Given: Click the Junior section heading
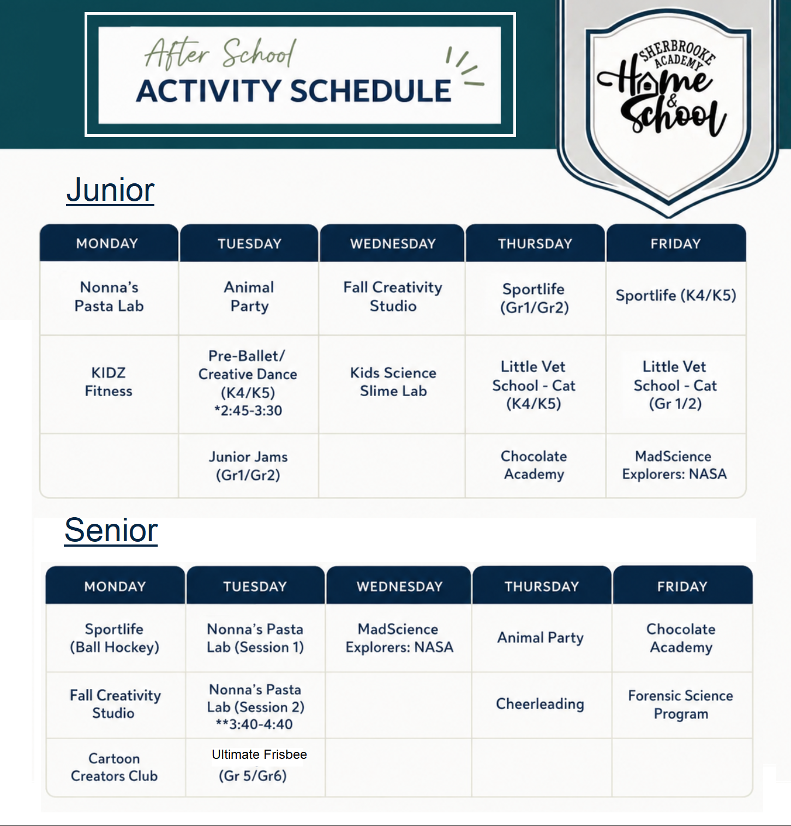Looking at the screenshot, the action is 110,190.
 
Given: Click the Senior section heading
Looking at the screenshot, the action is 111,530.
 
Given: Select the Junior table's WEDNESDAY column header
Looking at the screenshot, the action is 393,243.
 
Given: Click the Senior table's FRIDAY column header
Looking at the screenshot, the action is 682,586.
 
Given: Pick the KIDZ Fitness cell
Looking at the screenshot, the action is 109,382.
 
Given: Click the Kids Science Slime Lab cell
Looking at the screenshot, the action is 393,382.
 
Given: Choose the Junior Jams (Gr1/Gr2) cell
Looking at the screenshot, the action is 248,465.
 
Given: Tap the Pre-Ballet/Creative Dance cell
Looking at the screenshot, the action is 248,383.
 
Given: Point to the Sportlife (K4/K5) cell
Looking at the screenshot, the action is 676,296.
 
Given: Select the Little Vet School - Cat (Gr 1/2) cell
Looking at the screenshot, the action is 675,385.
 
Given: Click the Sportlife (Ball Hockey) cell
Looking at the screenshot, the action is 115,638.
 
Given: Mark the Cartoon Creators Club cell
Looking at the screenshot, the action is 115,767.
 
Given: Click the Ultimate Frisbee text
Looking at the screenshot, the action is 259,755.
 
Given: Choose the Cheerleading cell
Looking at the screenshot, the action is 540,704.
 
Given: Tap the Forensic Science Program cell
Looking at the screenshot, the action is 681,704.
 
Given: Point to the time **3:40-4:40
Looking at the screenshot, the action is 254,725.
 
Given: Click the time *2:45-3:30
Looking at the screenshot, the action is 248,411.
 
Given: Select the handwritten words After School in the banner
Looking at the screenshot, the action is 220,53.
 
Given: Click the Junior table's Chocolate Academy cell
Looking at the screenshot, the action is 534,465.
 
